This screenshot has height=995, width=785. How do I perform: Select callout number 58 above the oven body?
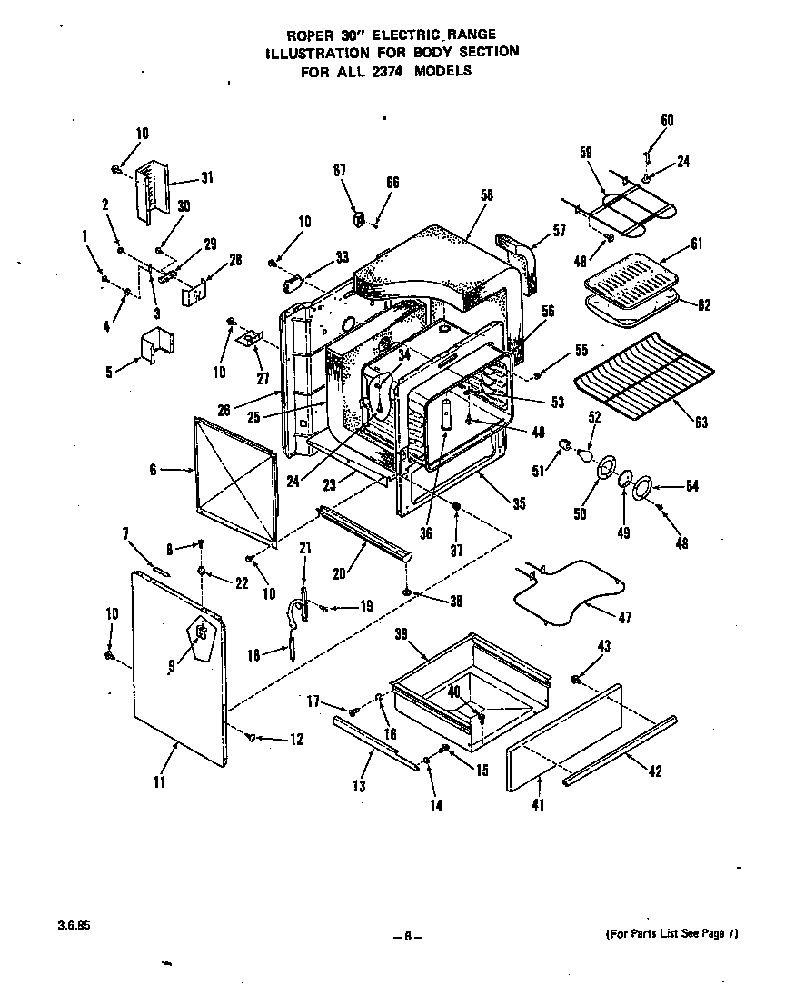pyautogui.click(x=486, y=194)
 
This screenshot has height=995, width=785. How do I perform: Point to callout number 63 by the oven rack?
pyautogui.click(x=701, y=422)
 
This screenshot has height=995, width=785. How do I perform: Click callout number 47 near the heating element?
pyautogui.click(x=624, y=617)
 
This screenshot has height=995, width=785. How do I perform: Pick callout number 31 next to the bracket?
pyautogui.click(x=207, y=177)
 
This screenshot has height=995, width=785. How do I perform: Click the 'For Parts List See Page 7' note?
pyautogui.click(x=670, y=934)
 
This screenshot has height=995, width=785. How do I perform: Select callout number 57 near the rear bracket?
pyautogui.click(x=559, y=230)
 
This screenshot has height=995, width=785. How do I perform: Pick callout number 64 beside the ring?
pyautogui.click(x=692, y=486)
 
